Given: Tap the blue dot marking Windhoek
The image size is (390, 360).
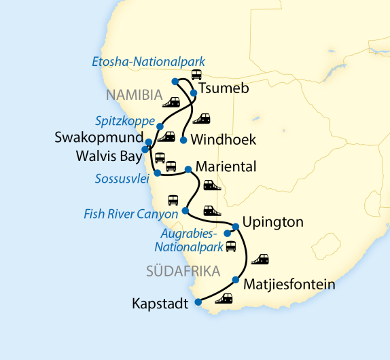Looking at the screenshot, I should point(183,140).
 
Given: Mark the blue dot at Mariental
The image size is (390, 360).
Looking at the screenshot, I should point(188,169).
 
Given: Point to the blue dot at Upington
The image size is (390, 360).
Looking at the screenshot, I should point(236,226).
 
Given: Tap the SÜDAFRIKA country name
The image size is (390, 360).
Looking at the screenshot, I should point(182,272).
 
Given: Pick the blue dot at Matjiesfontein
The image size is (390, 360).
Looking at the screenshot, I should point(236,280).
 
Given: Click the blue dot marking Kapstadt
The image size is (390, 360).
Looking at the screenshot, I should point(197,302).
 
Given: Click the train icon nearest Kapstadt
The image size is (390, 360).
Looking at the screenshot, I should point(224,298).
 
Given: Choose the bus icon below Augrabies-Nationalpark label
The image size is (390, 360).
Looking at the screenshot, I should point(231,246).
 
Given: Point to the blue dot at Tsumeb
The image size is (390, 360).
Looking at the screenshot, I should point(194,92).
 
